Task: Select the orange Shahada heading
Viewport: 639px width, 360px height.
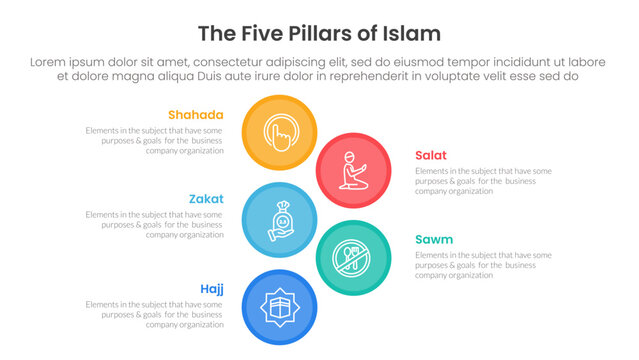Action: [x=196, y=115]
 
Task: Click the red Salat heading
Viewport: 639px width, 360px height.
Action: [x=431, y=155]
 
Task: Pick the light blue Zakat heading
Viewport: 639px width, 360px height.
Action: [x=206, y=199]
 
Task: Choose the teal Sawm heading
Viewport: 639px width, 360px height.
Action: [x=434, y=239]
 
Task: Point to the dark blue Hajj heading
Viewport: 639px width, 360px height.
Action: [x=210, y=289]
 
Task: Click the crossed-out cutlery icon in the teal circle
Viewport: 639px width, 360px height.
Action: [x=352, y=257]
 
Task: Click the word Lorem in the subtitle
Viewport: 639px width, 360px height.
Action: [x=51, y=62]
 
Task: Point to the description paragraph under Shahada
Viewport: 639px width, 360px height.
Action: [x=155, y=141]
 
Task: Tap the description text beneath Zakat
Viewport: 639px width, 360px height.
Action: [x=155, y=225]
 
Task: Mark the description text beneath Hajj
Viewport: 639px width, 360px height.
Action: [x=155, y=314]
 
